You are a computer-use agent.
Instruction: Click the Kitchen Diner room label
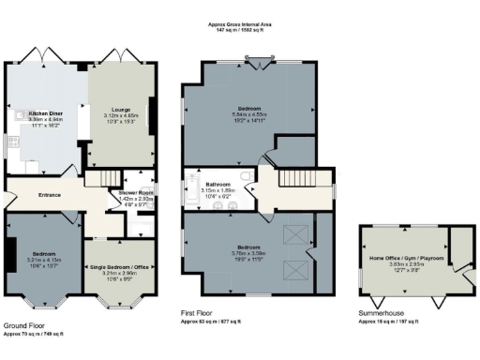point(45,112)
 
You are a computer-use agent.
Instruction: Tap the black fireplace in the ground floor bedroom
point(10,253)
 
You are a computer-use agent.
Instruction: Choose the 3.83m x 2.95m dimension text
point(404,264)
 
